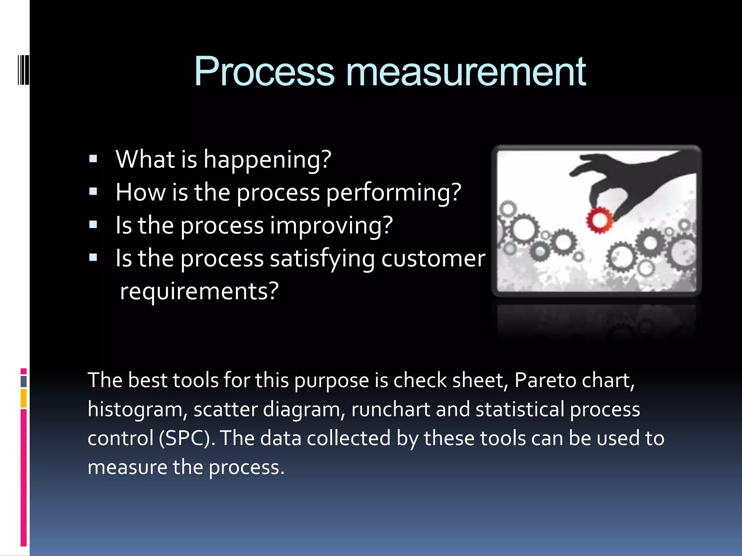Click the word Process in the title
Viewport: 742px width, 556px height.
tap(264, 72)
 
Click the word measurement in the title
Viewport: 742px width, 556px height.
tap(466, 72)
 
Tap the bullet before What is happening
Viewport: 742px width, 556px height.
tap(93, 159)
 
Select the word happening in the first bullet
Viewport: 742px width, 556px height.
tap(267, 159)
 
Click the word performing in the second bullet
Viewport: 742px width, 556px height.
tap(394, 192)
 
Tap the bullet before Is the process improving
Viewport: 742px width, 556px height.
tap(93, 225)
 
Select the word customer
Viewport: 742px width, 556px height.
tap(433, 258)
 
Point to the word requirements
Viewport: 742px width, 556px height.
tap(199, 291)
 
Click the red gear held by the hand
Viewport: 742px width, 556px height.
tap(599, 220)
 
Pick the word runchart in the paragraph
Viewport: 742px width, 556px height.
tap(390, 409)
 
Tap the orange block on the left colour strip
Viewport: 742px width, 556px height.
tap(24, 398)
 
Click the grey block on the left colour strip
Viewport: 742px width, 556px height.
tap(24, 381)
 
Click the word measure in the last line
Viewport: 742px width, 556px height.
tap(127, 467)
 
